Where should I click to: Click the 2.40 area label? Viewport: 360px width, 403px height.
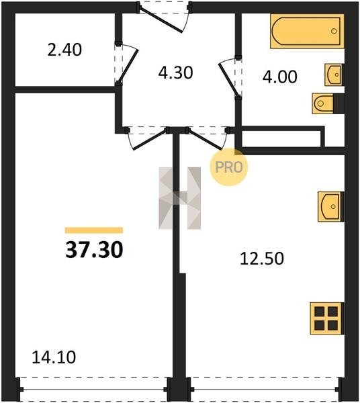point(64,50)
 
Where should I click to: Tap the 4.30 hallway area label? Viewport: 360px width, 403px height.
point(175,73)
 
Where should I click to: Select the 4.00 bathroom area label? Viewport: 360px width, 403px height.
point(280,77)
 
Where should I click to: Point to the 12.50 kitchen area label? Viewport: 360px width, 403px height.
point(262,259)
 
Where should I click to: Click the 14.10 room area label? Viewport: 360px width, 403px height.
point(54,357)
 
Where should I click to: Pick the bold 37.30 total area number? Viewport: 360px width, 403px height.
point(94,250)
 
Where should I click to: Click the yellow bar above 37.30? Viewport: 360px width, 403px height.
point(94,230)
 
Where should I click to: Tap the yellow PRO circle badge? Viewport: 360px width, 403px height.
point(228,167)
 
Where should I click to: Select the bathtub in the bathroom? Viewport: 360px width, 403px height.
point(307,31)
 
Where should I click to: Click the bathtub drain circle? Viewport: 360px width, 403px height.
point(334,31)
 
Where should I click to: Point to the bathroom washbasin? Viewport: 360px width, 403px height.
point(334,75)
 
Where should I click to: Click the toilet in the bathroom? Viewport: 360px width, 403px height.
point(328,103)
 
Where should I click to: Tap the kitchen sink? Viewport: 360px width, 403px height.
point(330,207)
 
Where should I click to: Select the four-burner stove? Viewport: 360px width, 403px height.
point(327,318)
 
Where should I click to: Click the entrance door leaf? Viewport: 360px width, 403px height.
point(161,21)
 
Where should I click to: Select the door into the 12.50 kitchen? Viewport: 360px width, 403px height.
point(206,139)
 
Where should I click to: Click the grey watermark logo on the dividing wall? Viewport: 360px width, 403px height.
point(179,198)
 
